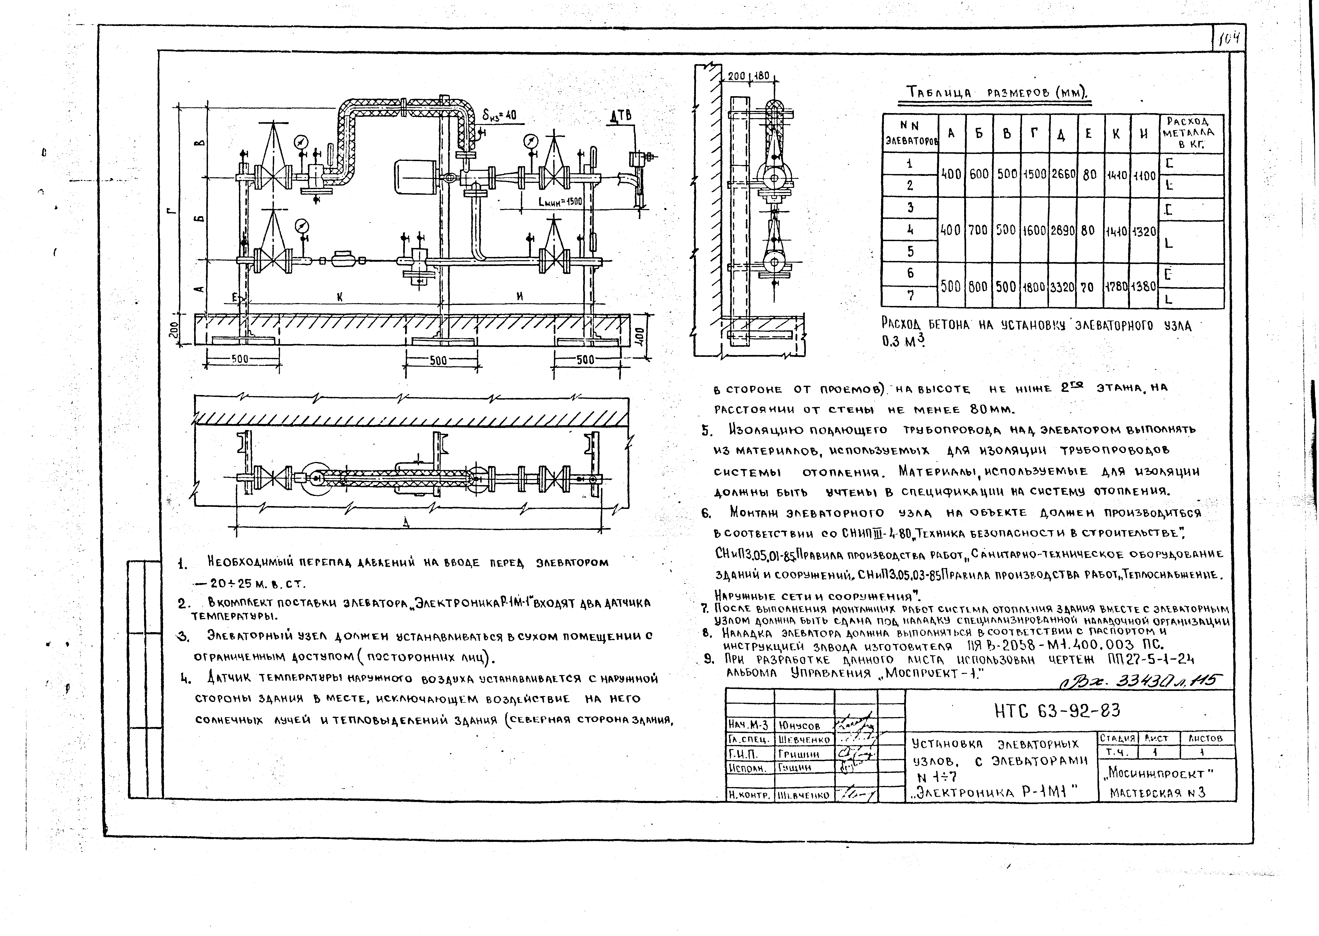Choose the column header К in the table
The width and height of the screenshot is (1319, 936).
(x=1116, y=133)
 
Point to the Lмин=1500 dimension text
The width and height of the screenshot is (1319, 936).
(x=560, y=202)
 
